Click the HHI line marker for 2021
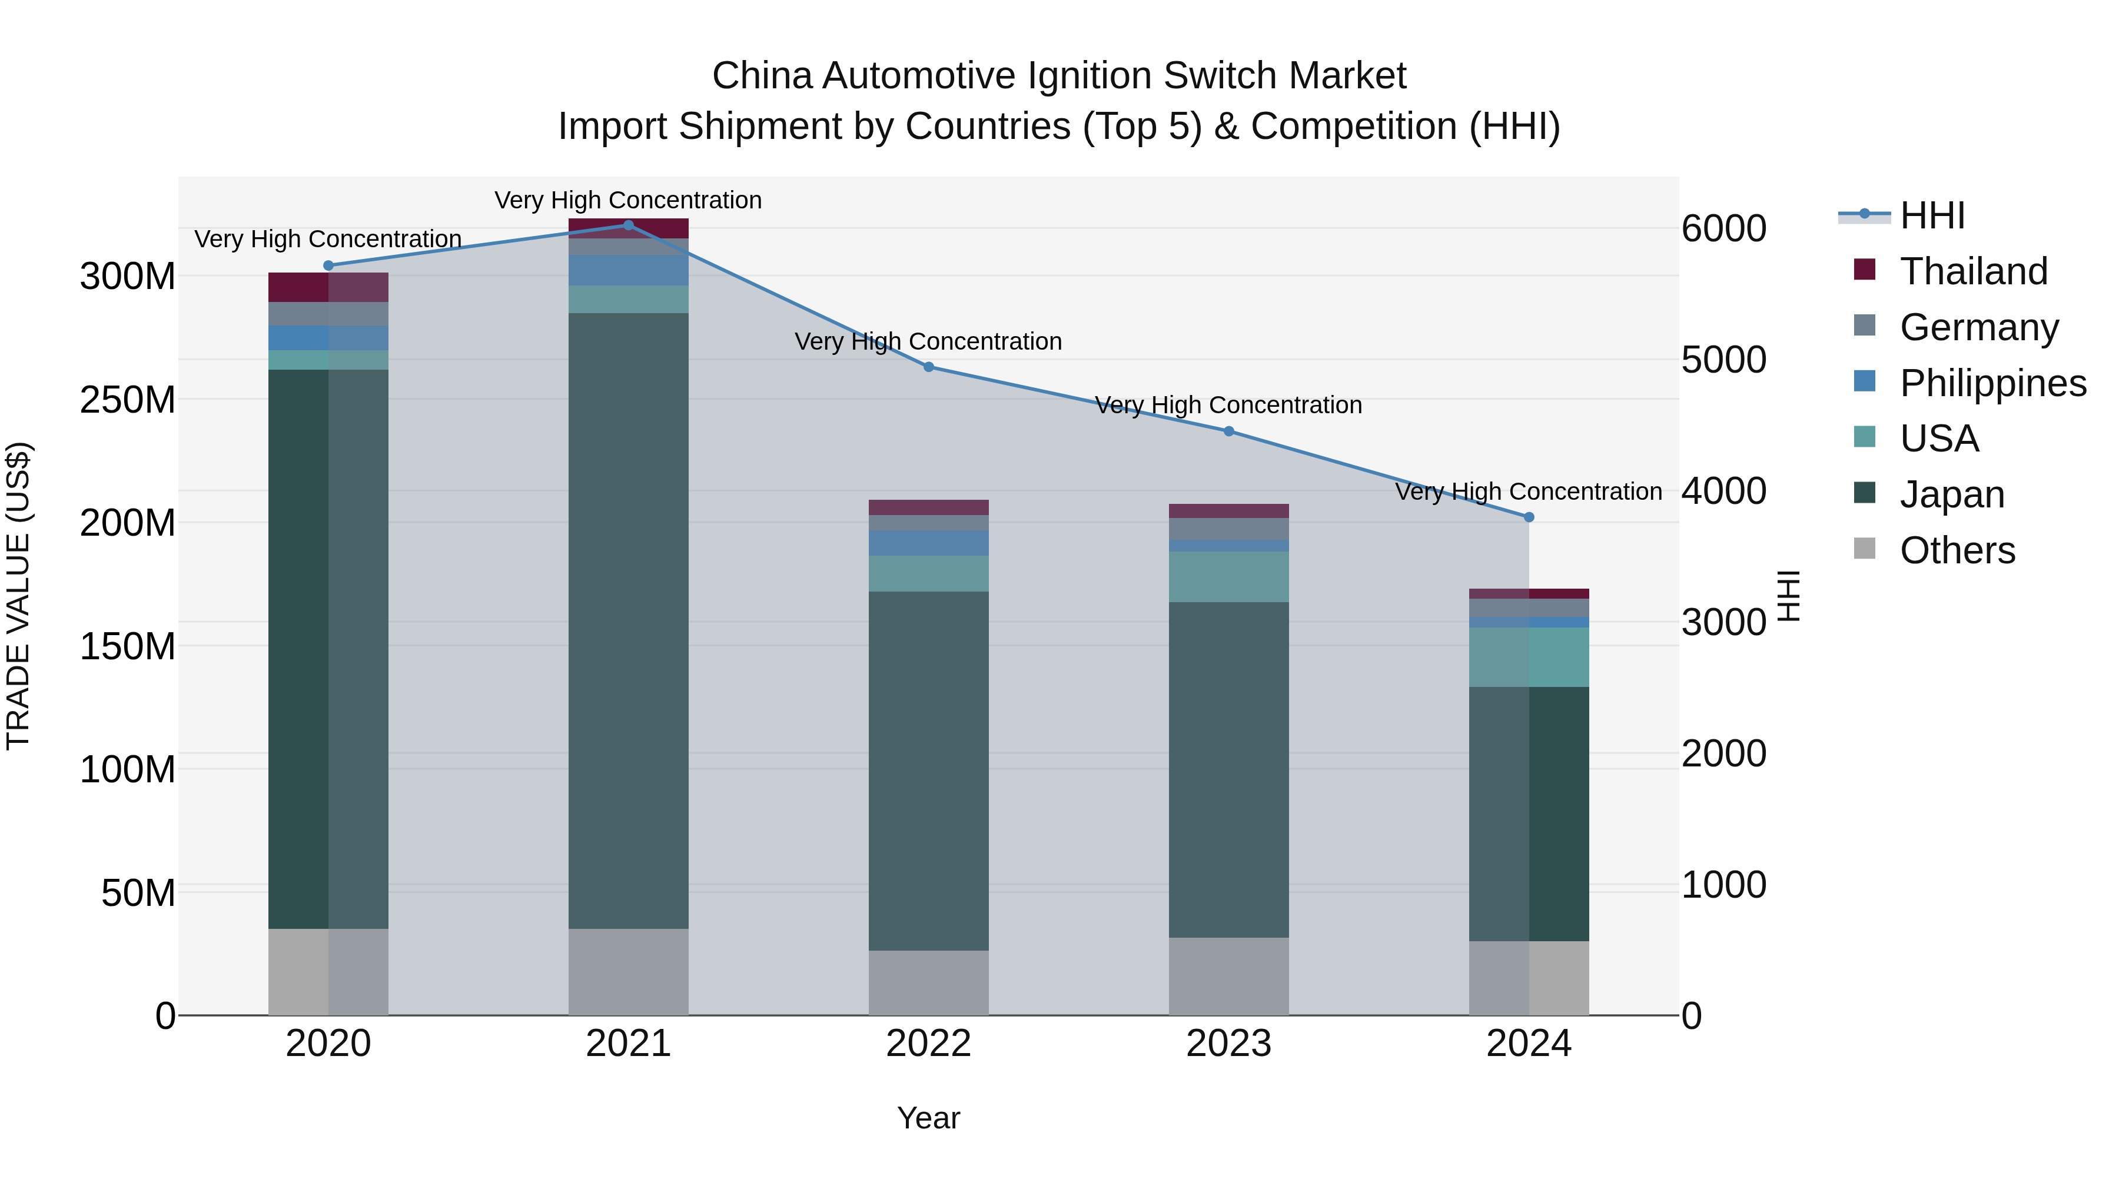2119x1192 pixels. click(629, 225)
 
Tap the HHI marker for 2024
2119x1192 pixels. click(1529, 517)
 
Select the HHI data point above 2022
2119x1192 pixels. click(929, 367)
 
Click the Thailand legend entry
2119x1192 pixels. click(1972, 271)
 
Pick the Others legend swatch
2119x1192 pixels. click(1865, 549)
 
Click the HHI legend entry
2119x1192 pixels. click(1931, 215)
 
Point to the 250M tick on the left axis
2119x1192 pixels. click(128, 400)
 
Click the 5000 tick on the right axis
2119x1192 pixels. click(1723, 360)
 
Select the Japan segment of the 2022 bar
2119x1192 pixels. click(929, 770)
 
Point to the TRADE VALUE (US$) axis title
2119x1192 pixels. click(18, 596)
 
